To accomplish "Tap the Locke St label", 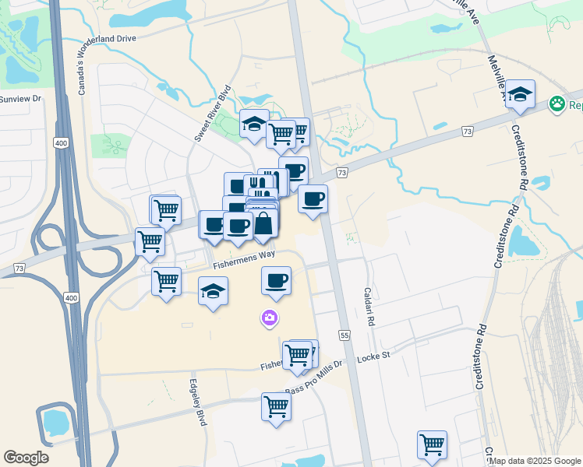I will pyautogui.click(x=373, y=358).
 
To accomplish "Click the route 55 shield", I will pyautogui.click(x=344, y=334).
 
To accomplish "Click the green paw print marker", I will pyautogui.click(x=556, y=104).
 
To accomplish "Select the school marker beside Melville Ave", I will pyautogui.click(x=520, y=94).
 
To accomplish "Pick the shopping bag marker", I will pyautogui.click(x=263, y=223).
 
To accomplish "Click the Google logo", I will pyautogui.click(x=26, y=458).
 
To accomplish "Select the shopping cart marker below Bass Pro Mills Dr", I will pyautogui.click(x=276, y=406).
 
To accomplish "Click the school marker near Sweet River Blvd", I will pyautogui.click(x=254, y=124).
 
